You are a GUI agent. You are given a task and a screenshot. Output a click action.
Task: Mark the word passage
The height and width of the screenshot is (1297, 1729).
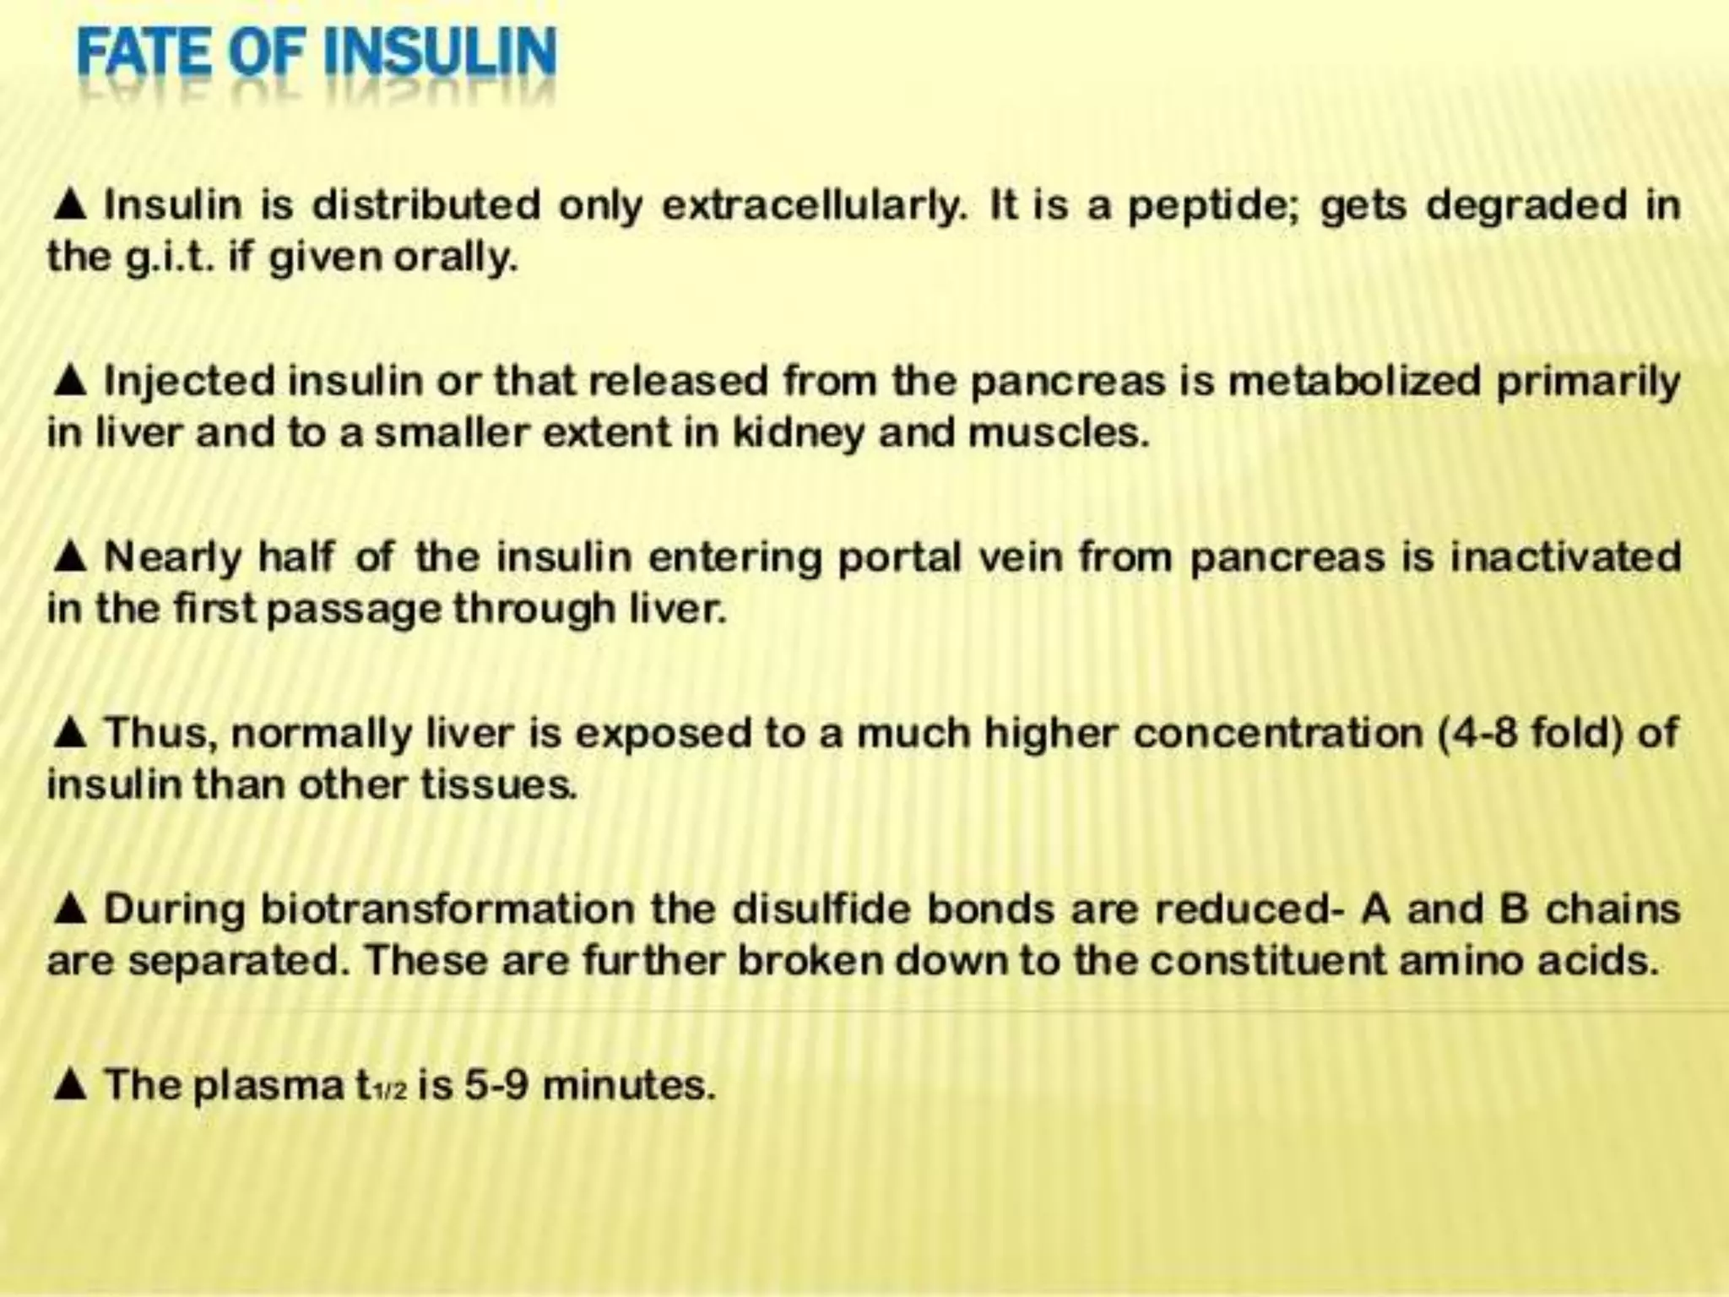pyautogui.click(x=355, y=610)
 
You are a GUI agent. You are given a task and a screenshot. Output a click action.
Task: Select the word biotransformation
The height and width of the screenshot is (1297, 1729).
pyautogui.click(x=447, y=909)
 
